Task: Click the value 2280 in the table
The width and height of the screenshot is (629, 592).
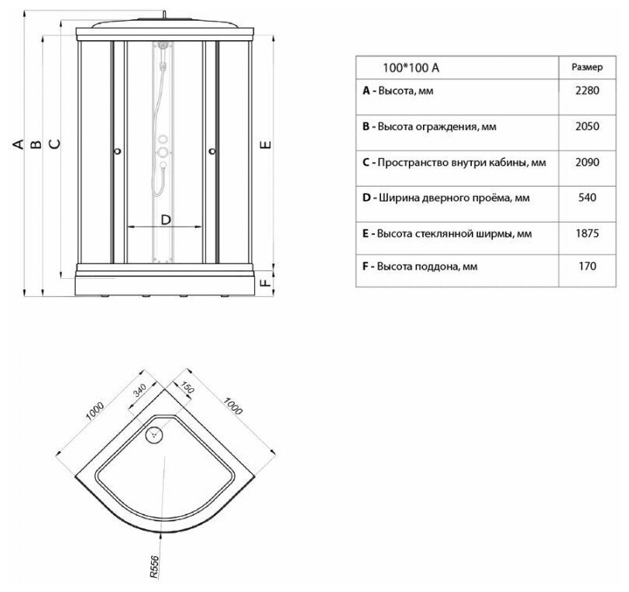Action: click(586, 91)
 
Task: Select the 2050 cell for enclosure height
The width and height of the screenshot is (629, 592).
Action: click(586, 126)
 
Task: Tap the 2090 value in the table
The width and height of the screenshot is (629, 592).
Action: click(586, 162)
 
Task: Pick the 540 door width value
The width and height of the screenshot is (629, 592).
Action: click(586, 198)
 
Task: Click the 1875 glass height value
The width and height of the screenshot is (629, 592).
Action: click(586, 232)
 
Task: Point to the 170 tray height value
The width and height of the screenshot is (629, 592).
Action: click(586, 267)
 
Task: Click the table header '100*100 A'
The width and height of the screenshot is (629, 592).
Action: click(411, 67)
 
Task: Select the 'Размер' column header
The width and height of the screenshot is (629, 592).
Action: click(586, 67)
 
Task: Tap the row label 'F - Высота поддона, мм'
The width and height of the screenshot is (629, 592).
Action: click(419, 267)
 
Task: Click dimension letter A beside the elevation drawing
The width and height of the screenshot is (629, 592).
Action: click(15, 144)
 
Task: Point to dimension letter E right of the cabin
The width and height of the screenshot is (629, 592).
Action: click(265, 144)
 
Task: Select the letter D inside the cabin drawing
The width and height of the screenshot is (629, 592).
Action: click(165, 219)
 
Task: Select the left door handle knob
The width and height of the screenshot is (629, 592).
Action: click(116, 152)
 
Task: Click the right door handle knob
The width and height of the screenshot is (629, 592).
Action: click(211, 152)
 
